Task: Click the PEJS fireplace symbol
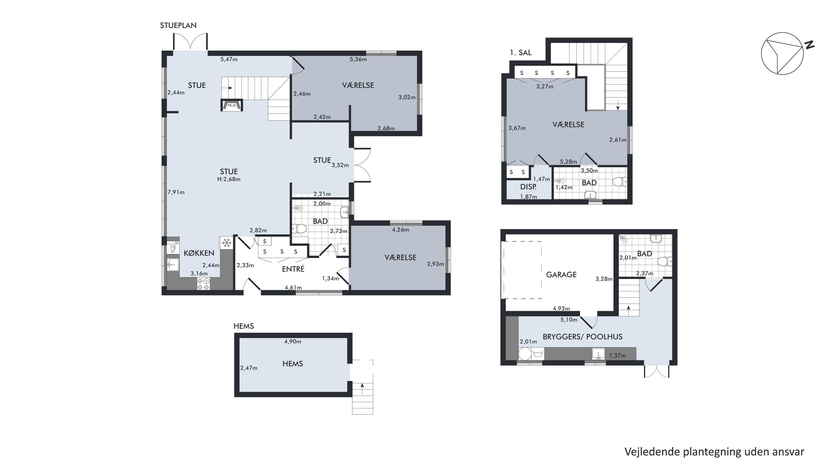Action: pos(231,105)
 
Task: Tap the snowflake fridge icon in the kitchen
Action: pos(227,243)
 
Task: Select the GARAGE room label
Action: pos(561,275)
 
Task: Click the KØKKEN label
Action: pos(199,253)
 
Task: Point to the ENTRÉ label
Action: pos(293,269)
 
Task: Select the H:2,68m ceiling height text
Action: pos(229,179)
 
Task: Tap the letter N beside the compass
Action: pos(809,45)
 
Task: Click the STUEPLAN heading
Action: pos(178,25)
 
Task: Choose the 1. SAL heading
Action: pos(521,53)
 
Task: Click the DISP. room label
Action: pos(528,187)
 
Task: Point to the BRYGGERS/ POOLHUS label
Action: pos(583,337)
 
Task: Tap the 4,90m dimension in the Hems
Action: pos(293,341)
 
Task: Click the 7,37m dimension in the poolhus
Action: pos(617,356)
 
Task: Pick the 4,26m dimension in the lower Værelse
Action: pos(400,230)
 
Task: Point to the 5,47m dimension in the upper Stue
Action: pos(229,59)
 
